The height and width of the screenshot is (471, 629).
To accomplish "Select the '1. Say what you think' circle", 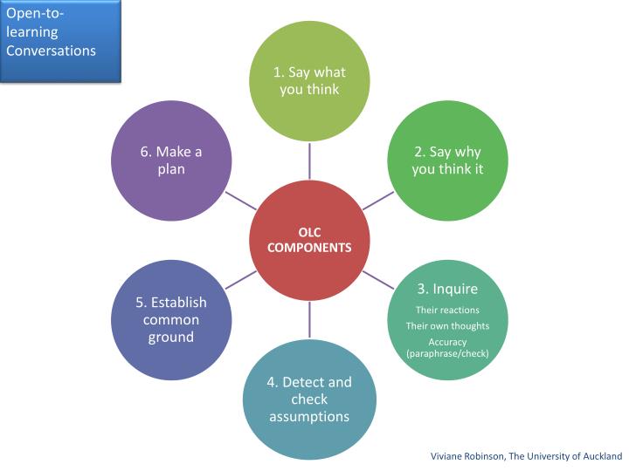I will coord(309,80).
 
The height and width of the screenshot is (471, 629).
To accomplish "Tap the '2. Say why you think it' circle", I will coord(447,160).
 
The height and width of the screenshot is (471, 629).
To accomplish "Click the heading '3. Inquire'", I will coord(447,289).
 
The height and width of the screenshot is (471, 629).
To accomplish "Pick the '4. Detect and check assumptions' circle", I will coord(309,399).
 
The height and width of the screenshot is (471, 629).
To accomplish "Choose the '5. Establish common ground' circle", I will coord(172,319).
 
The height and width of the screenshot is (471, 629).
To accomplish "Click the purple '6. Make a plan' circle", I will coord(172,160).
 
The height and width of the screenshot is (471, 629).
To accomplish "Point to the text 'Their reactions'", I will coord(447,310).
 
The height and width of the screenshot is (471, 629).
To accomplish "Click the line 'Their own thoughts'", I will coord(447,326).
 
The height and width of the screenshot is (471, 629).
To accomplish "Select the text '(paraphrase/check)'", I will coord(447,353).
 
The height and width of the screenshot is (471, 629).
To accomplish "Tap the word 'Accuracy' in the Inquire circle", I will coord(447,342).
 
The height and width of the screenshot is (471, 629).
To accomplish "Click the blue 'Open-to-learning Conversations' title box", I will coord(59,40).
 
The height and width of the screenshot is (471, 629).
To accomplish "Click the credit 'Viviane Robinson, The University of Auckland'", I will coord(526,455).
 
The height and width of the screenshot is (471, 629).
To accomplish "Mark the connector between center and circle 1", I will coord(309,160).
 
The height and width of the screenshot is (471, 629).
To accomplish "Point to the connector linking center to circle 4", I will coord(309,320).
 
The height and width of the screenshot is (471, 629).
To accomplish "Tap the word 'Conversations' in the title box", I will coord(51,50).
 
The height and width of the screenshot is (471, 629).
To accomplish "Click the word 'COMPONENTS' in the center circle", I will coord(309,248).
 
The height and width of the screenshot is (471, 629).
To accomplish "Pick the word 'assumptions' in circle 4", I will coord(309,416).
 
